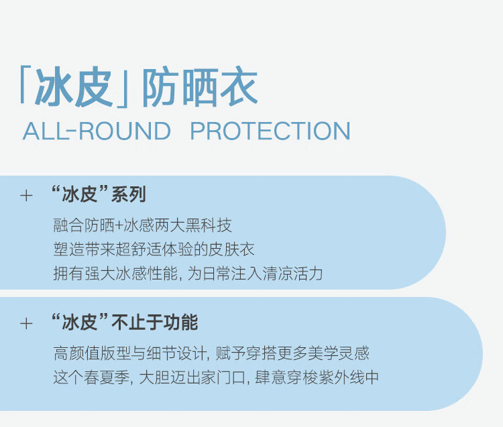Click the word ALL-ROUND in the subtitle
[97, 131]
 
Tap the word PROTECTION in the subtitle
[270, 131]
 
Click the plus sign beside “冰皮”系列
[26, 196]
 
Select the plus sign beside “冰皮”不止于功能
[26, 324]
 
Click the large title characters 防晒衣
[200, 86]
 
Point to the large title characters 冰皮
[74, 86]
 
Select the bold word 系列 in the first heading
[128, 194]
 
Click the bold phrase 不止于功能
[155, 322]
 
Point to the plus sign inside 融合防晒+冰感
[119, 226]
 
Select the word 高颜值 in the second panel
[76, 353]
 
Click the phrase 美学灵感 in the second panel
[339, 353]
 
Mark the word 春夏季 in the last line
[107, 377]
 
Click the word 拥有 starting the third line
[68, 273]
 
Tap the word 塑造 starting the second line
[68, 249]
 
